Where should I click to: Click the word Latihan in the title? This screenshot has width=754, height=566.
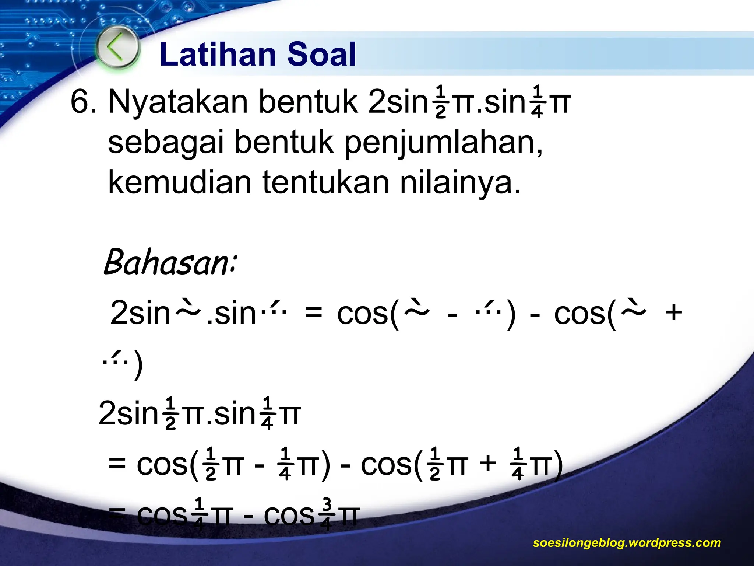click(217, 55)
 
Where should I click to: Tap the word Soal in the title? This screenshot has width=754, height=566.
click(321, 55)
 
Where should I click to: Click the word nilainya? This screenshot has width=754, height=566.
click(460, 183)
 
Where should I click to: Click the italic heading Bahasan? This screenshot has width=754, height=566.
click(169, 262)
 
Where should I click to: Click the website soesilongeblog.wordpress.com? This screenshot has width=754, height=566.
click(627, 542)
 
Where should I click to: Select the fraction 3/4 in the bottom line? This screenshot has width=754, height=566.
click(327, 514)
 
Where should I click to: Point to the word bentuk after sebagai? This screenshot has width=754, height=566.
click(283, 143)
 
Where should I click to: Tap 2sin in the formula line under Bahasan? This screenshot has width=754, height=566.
click(140, 313)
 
